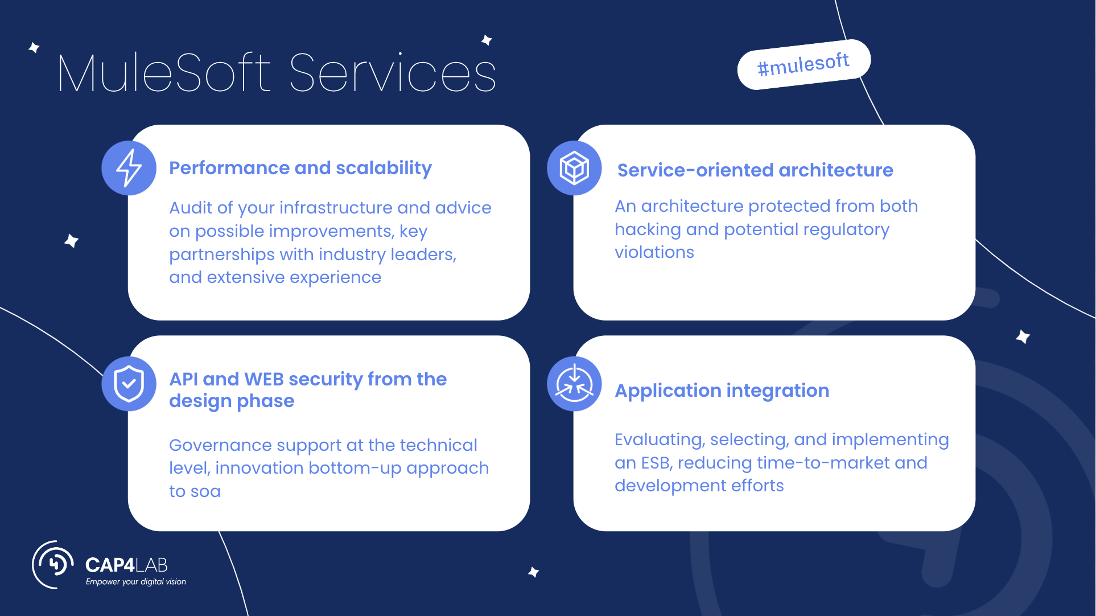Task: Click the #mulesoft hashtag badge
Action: (804, 64)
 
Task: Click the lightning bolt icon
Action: (129, 168)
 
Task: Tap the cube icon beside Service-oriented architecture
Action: (574, 168)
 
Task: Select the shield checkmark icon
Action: (129, 384)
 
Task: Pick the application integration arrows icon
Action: (574, 384)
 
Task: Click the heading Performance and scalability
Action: (300, 168)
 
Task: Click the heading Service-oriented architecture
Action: (755, 170)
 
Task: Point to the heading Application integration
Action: (722, 391)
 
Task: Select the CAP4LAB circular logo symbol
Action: (53, 564)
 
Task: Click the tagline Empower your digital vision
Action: (135, 582)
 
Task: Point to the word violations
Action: (654, 252)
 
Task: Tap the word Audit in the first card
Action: (191, 208)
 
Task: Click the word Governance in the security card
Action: (220, 445)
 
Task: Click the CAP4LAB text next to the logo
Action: (126, 565)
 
